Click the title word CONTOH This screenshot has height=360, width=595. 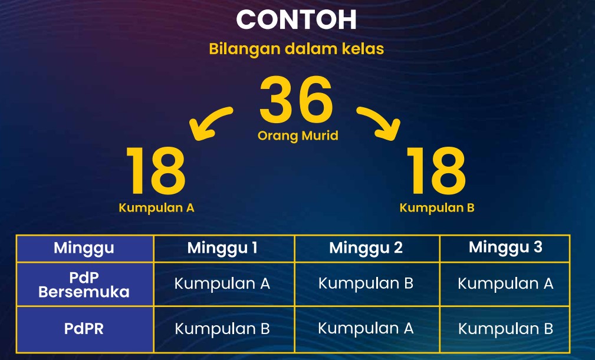click(x=297, y=19)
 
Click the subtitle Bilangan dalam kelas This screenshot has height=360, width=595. click(x=297, y=49)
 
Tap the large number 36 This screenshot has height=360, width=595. click(x=297, y=100)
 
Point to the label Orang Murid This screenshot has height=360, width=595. click(x=298, y=136)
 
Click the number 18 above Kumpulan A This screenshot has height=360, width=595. click(x=156, y=171)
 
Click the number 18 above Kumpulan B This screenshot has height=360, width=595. click(x=436, y=171)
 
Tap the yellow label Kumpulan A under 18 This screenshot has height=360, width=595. click(x=156, y=207)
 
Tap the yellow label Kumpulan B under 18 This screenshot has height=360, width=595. click(x=437, y=207)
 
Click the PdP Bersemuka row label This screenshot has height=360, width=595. click(x=84, y=285)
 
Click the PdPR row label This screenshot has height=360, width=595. click(x=84, y=329)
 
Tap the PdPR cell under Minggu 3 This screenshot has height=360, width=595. click(x=505, y=329)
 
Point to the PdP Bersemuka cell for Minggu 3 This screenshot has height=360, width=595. click(x=505, y=283)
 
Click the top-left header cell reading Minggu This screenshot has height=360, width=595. click(x=84, y=248)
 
